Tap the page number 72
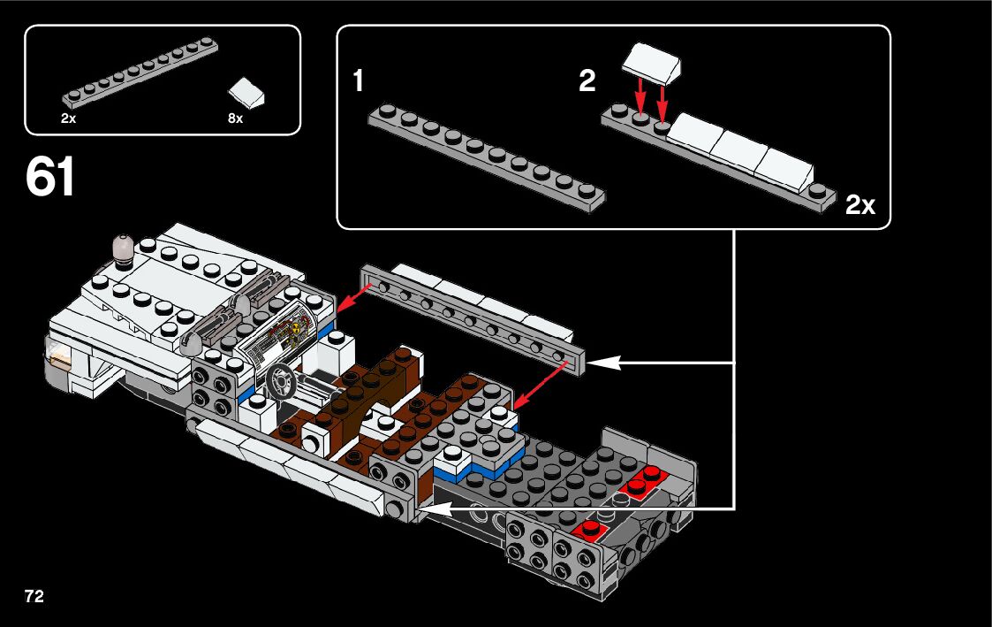[34, 596]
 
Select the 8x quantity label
[235, 119]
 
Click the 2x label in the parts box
[68, 119]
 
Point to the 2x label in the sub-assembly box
[860, 204]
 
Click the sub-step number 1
[358, 81]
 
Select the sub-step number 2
[587, 81]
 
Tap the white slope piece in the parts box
[246, 92]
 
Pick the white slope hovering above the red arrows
[652, 61]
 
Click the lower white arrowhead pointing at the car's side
[436, 508]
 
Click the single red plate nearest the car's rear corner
[590, 528]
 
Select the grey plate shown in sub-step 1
[487, 158]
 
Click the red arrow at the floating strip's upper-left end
[354, 298]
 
